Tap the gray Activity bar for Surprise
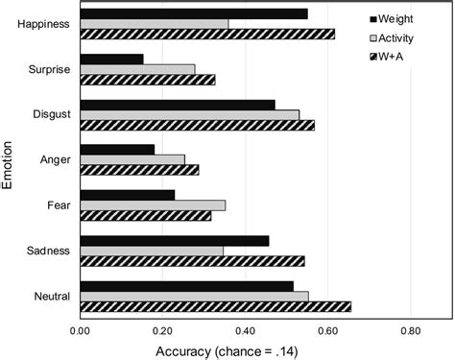138,69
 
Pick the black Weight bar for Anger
117,149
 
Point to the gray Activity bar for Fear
153,204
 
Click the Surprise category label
47,69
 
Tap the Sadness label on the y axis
47,251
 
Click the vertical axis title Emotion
10,161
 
